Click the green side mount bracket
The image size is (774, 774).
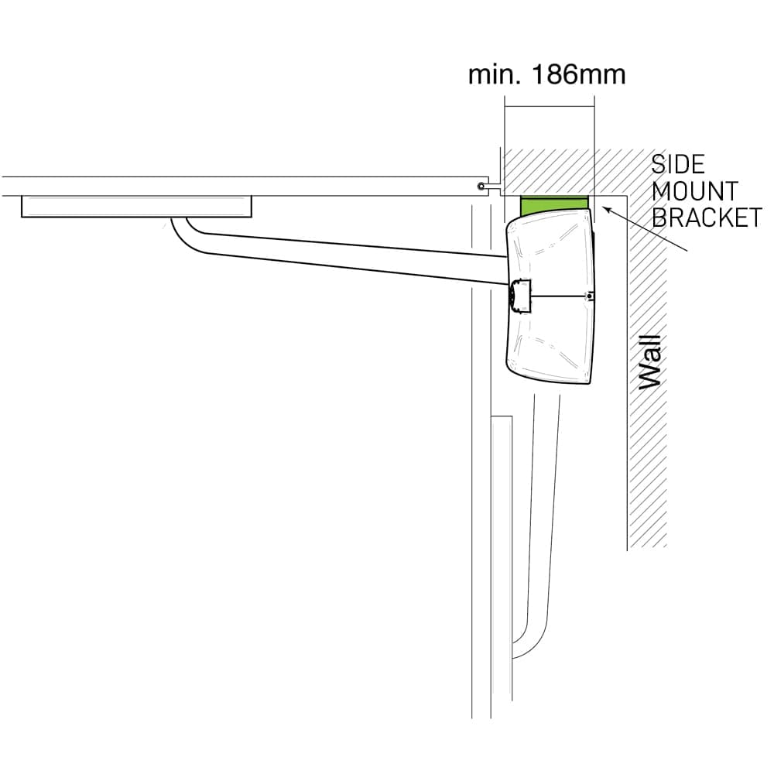click(x=554, y=205)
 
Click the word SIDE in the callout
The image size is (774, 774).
click(x=678, y=164)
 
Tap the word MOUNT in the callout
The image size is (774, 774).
click(x=694, y=191)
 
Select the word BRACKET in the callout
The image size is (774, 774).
click(x=707, y=217)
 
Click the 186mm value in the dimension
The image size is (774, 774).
click(x=579, y=75)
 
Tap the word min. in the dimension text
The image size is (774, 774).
click(x=496, y=75)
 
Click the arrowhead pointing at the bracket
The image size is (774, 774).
click(x=608, y=211)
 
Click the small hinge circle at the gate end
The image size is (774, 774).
click(x=480, y=186)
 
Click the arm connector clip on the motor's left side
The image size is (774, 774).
click(x=519, y=296)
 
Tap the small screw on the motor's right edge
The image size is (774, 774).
click(x=588, y=296)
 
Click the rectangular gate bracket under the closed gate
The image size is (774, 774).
click(x=137, y=207)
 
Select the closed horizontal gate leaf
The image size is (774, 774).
click(x=245, y=186)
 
